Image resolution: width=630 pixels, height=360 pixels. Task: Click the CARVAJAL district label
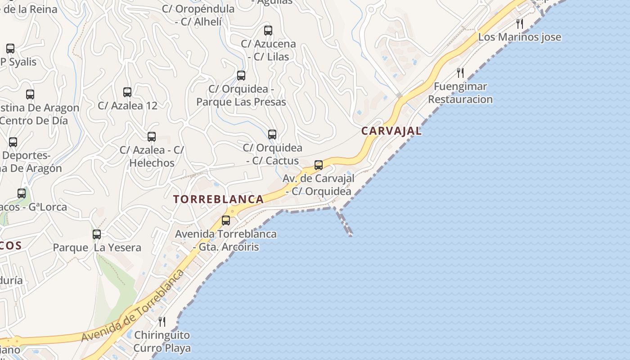(391, 131)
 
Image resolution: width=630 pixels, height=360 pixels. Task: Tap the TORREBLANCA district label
(219, 199)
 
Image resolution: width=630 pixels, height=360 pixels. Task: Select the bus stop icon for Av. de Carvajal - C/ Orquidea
(319, 165)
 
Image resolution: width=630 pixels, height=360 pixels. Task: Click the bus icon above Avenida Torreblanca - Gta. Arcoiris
(226, 220)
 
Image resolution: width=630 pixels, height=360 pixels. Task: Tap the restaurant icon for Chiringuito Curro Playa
(162, 321)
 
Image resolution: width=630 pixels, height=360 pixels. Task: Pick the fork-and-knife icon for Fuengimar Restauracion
(460, 72)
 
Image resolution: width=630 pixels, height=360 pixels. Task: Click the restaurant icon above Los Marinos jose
(520, 23)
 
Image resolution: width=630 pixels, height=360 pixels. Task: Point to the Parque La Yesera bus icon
(97, 234)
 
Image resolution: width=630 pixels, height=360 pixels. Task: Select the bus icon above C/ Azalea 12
(127, 92)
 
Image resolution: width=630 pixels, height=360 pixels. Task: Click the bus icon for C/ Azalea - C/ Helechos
(152, 136)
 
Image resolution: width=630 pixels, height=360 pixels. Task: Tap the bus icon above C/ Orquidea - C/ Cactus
(272, 134)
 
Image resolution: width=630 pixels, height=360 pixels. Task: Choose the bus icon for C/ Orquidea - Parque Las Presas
(241, 75)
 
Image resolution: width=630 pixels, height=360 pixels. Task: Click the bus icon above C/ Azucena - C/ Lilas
(268, 31)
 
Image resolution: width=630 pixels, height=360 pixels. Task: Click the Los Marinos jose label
(520, 37)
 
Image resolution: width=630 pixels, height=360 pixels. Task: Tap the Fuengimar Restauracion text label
(460, 93)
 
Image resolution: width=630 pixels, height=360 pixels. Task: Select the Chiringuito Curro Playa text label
(162, 342)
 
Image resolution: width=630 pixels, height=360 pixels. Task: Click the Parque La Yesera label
(97, 247)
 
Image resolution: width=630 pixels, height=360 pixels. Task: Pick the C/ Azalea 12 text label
(128, 106)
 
